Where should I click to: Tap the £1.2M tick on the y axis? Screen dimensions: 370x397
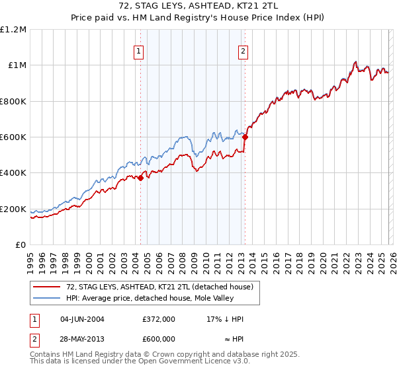tap(15, 30)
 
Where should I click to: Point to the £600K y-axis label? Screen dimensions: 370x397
tap(13, 137)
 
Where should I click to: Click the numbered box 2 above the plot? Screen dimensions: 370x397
tap(243, 52)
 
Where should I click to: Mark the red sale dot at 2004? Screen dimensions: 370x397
tap(140, 178)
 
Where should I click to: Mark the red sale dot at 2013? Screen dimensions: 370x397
tap(245, 137)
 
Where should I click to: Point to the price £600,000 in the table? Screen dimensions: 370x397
tap(158, 339)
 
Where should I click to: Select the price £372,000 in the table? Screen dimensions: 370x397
tap(158, 319)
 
